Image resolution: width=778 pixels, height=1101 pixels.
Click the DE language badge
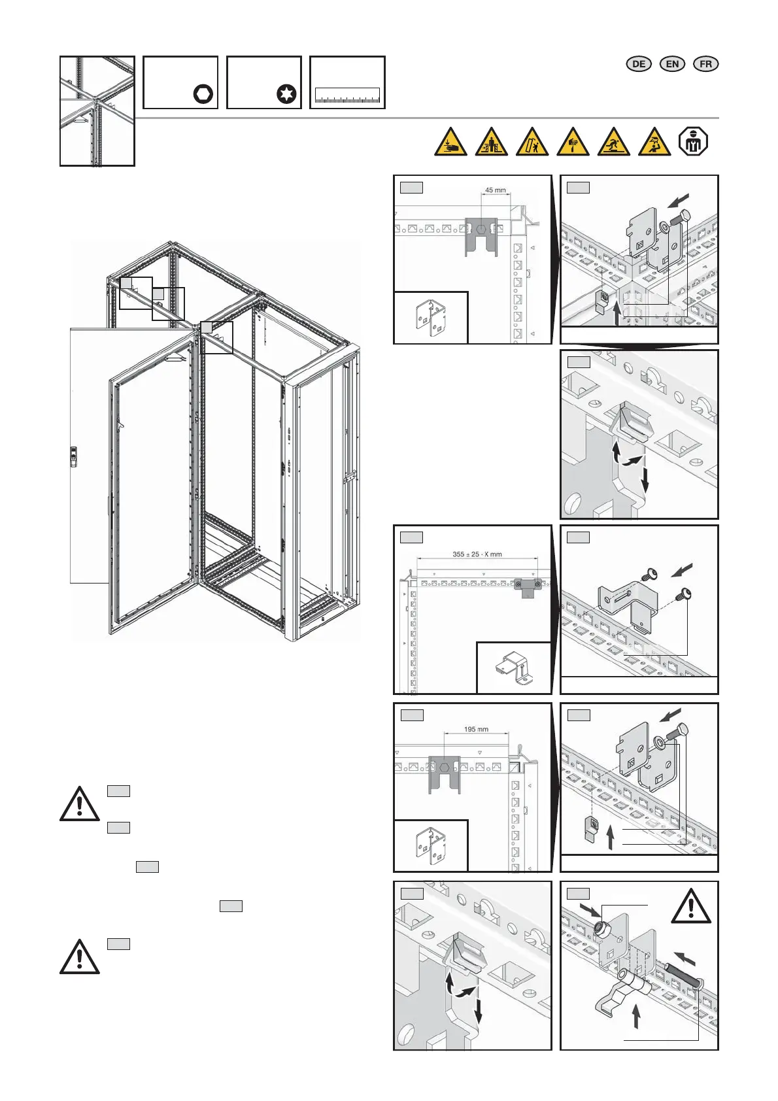coord(639,63)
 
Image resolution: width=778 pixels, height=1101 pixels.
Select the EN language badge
coord(672,63)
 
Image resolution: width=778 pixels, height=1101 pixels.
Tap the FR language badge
coord(705,63)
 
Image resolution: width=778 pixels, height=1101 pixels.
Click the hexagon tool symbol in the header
coord(203,94)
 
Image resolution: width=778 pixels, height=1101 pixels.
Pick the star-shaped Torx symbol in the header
coord(286,94)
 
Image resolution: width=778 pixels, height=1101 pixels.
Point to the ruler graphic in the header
coord(347,95)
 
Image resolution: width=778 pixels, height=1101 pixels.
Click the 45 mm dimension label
coord(495,190)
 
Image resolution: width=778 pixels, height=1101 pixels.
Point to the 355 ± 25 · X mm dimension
coord(477,554)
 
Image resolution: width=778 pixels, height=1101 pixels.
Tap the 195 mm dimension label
coord(476,729)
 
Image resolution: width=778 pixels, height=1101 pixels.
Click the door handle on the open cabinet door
coord(74,456)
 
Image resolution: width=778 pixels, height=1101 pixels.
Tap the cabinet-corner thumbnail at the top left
coord(97,110)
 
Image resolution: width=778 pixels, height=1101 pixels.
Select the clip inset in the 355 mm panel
coord(513,668)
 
